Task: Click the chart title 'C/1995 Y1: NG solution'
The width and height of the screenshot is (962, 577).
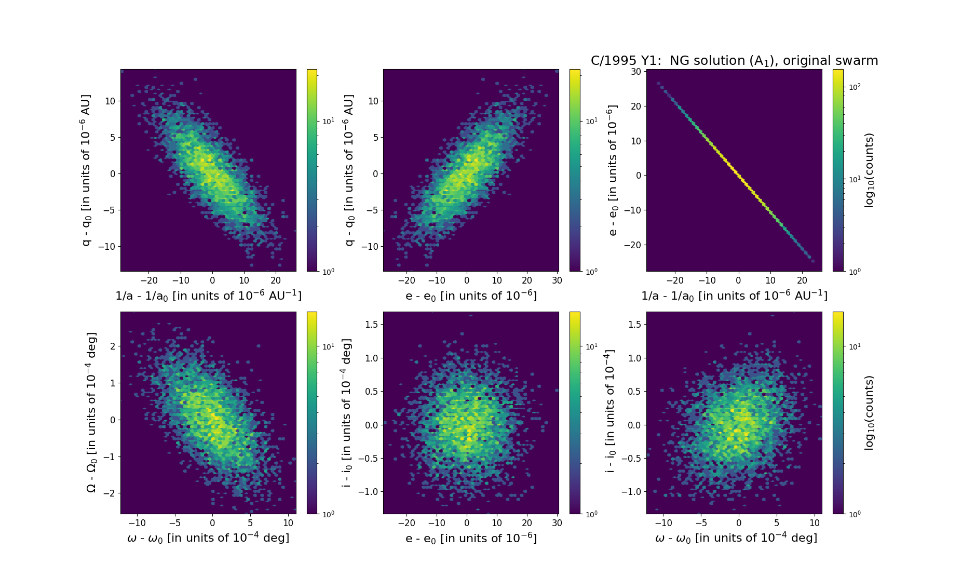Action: pos(734,61)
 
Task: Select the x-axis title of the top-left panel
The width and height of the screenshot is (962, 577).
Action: pos(208,295)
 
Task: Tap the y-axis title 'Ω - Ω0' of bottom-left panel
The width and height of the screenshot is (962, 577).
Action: pos(91,412)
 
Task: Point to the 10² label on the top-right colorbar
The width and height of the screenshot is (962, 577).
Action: pos(854,87)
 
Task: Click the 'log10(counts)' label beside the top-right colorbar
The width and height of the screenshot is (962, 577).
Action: pos(869,170)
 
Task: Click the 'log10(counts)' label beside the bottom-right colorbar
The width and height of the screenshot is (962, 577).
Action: pos(869,413)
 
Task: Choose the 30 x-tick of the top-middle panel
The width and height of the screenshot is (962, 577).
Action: pos(557,280)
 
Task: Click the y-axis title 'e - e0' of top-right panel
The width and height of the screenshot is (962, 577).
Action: pos(613,170)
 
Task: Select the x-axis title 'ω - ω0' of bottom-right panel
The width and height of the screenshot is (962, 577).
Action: pos(736,538)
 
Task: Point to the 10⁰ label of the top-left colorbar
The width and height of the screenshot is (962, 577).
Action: pos(329,271)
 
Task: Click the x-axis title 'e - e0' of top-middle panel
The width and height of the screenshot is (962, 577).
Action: pos(471,295)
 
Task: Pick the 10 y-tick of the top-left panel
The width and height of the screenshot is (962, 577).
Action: pos(110,101)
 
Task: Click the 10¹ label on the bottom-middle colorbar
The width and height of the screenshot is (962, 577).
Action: pos(591,346)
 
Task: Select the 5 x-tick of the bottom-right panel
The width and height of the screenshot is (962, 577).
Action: pos(777,523)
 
